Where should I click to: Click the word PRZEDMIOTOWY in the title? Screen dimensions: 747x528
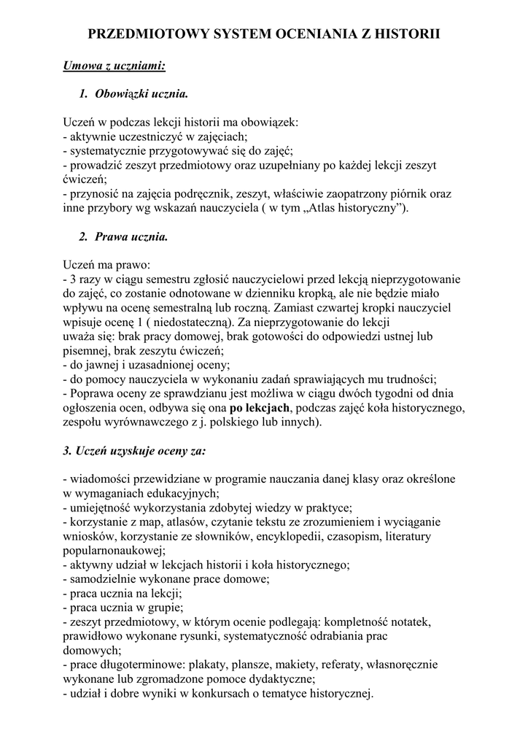tap(142, 34)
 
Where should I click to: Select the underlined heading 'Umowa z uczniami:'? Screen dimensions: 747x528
tap(114, 66)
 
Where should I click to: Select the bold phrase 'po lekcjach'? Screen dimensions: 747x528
tap(260, 407)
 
